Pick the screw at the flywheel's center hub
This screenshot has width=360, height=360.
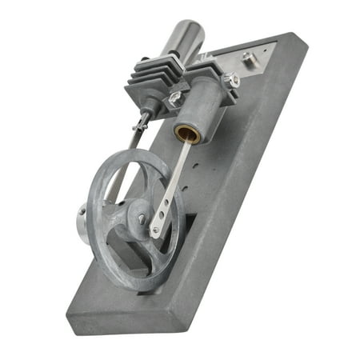coord(142,218)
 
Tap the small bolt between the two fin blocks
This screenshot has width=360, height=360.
coord(174,98)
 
